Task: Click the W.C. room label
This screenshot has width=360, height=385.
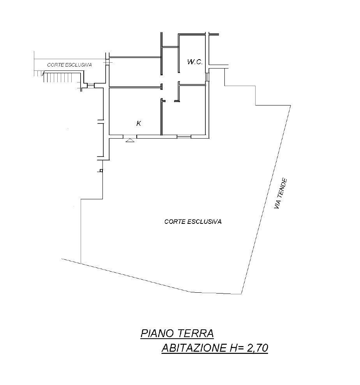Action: (x=195, y=62)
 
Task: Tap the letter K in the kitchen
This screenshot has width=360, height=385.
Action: (x=139, y=123)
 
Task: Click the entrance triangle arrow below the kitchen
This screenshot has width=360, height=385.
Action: (x=130, y=140)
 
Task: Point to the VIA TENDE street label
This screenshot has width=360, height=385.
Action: (x=281, y=193)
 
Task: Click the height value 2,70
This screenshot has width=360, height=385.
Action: (x=257, y=348)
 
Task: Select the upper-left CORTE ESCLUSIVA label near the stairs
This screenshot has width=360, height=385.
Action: (x=69, y=65)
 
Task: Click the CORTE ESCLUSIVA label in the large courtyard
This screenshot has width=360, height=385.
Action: (x=193, y=222)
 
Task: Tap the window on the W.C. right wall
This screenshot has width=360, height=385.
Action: (x=207, y=77)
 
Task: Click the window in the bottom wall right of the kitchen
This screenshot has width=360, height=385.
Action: (x=184, y=136)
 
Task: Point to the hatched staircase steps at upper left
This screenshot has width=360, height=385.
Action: (x=62, y=77)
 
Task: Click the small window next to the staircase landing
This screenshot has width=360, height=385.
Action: (x=91, y=85)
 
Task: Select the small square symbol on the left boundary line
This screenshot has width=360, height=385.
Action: (x=101, y=171)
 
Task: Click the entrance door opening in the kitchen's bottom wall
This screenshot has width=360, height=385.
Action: (x=130, y=136)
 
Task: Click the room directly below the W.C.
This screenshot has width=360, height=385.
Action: (x=192, y=111)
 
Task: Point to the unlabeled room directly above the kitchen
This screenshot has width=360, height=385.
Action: (x=135, y=72)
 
